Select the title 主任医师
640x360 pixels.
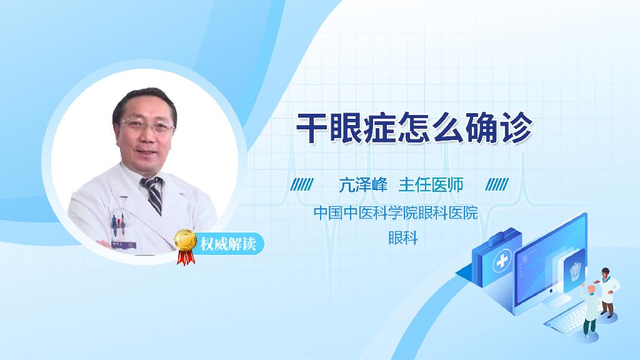point(431,185)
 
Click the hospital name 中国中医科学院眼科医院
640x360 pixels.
point(395,212)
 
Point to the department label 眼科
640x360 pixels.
point(402,238)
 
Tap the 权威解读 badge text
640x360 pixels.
point(227,243)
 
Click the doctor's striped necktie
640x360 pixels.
point(153,194)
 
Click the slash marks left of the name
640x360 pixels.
point(302,184)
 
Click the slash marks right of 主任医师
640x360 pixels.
point(497,184)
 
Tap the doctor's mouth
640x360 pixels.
point(149,152)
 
